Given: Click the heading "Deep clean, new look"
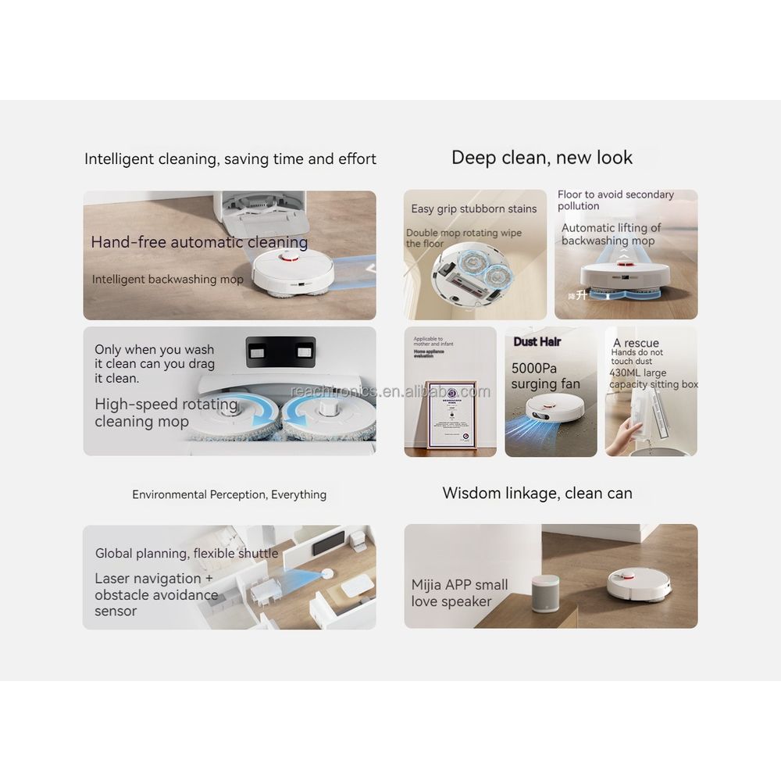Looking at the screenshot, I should (542, 158).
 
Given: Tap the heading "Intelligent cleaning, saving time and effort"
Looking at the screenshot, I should (230, 159).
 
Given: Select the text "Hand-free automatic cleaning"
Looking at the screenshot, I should (199, 242).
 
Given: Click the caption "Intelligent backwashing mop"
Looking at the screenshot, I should (168, 280).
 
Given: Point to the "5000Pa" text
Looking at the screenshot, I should (535, 368).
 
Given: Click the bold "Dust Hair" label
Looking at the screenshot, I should (537, 342).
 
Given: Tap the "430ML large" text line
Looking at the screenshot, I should (638, 373).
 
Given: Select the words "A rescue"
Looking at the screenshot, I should (636, 343).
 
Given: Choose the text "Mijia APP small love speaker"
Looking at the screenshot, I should (459, 593).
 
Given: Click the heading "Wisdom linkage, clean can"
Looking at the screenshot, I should (537, 494).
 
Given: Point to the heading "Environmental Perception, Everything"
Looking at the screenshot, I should (230, 494).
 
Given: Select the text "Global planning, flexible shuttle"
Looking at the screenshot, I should (187, 554).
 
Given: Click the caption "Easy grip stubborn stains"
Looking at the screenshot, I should (474, 209).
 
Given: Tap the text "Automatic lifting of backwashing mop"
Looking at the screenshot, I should (611, 234).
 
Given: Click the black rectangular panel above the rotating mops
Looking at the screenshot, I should (280, 352).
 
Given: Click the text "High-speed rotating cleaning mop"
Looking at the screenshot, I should (166, 413).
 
